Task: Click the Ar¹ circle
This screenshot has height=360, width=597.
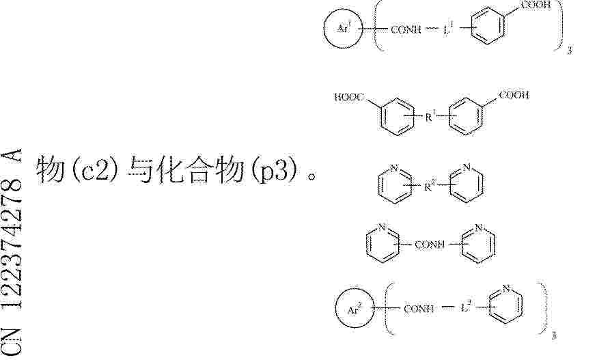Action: [x=324, y=28]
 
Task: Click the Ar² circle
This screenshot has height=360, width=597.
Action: [x=336, y=309]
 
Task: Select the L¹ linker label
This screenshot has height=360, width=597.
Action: [x=448, y=29]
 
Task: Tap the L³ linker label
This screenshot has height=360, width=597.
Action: [x=466, y=307]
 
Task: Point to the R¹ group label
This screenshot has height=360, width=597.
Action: [x=430, y=116]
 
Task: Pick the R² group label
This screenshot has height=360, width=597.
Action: [x=430, y=186]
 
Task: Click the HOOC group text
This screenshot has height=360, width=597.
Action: [x=349, y=97]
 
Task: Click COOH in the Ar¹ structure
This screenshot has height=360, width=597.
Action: [x=536, y=5]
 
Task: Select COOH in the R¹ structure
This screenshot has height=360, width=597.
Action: [x=514, y=95]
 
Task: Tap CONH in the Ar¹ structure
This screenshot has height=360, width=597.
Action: [x=406, y=29]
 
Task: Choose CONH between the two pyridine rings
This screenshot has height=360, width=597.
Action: [x=429, y=244]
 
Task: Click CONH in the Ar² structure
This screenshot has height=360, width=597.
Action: [x=418, y=309]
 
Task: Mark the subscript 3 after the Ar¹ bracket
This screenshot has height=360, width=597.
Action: [x=570, y=50]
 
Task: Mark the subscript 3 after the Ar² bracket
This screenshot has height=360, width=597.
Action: [x=554, y=336]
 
